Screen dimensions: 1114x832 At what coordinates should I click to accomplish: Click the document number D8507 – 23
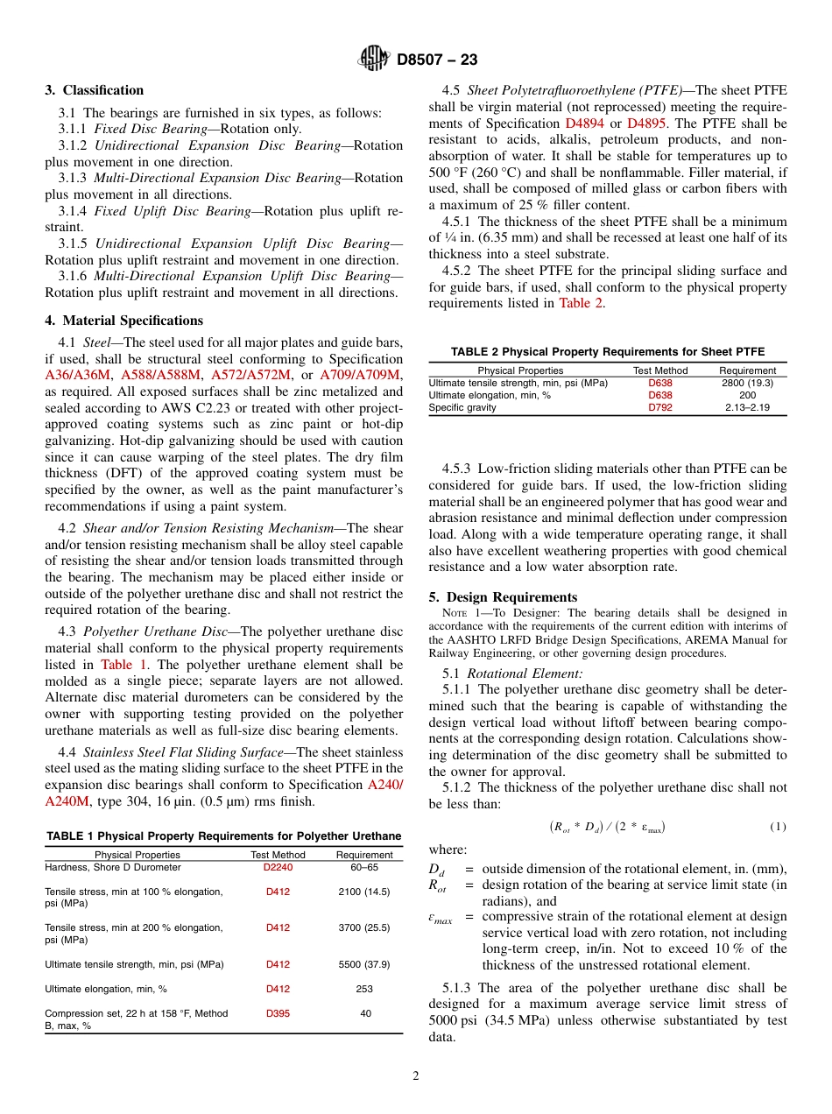click(x=437, y=60)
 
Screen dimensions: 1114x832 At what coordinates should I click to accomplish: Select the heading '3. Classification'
click(x=95, y=90)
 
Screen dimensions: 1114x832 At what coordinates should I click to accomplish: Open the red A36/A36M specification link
click(x=78, y=375)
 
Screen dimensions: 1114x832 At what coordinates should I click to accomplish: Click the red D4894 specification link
click(x=584, y=123)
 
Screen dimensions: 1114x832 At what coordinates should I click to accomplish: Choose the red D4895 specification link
click(x=646, y=123)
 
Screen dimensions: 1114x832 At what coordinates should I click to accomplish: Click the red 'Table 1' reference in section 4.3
click(x=123, y=665)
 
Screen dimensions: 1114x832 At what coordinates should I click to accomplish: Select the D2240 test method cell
click(x=278, y=867)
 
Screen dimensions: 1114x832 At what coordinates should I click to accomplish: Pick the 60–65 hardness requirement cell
click(x=364, y=867)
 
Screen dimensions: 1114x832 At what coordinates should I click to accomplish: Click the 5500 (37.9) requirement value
click(x=364, y=964)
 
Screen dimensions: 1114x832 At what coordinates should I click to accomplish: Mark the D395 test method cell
click(x=278, y=1013)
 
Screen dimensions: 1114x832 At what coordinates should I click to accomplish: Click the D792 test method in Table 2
click(x=660, y=407)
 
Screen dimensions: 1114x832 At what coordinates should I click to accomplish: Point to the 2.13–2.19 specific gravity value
click(x=747, y=407)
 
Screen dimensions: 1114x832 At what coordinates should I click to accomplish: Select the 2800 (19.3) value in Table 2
click(x=747, y=383)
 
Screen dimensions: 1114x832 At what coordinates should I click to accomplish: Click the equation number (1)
click(x=778, y=827)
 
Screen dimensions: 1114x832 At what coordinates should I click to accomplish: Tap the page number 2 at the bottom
click(x=416, y=1076)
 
